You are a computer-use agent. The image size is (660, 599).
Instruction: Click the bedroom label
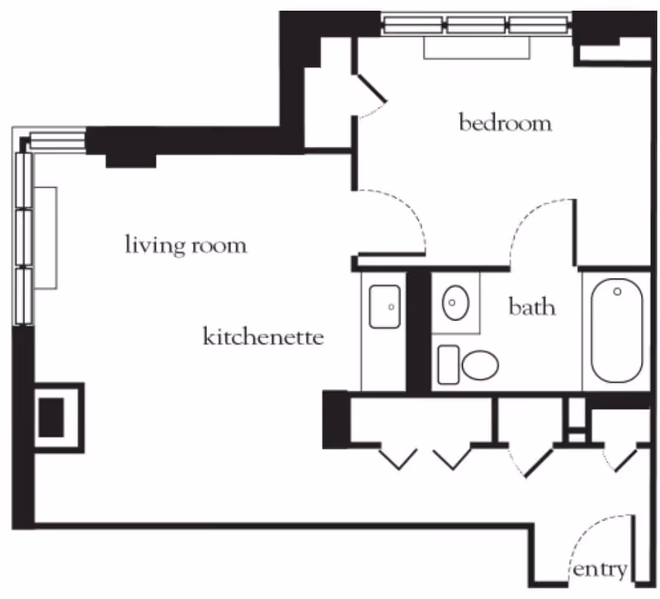505,124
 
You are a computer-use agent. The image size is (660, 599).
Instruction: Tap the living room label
186,245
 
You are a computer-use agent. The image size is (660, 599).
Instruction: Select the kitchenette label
262,337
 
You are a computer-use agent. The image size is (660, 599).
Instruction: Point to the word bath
531,308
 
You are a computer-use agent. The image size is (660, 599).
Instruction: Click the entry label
601,569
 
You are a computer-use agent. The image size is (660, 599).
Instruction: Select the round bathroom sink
455,304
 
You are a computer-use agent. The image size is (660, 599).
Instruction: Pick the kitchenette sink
384,306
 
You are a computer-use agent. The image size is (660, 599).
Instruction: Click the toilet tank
448,365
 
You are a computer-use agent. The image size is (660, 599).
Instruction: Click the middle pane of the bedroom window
477,25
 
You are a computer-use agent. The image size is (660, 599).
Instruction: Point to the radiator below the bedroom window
477,47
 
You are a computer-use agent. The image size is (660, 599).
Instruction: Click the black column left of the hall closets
336,419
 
